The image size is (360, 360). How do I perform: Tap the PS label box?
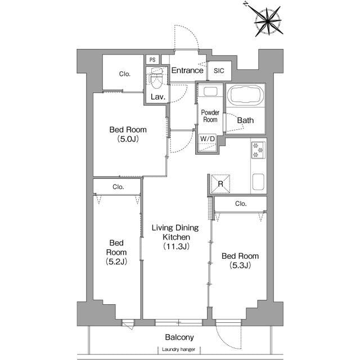tap(152, 60)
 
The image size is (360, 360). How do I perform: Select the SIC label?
tap(219, 71)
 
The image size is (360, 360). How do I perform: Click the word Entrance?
tap(187, 70)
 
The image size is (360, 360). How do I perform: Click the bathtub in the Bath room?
tap(245, 95)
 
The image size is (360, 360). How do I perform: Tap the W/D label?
tap(208, 138)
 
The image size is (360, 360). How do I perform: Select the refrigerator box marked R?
tap(220, 184)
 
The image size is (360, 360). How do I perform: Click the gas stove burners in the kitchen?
tap(258, 150)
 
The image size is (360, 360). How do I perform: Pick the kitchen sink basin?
tap(258, 182)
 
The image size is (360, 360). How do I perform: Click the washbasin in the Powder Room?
tap(210, 92)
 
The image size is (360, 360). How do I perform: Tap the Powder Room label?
tap(210, 116)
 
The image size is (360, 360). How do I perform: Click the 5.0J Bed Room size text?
tap(128, 139)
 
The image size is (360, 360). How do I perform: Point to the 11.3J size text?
tap(176, 246)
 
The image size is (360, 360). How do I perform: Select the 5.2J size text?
tap(116, 262)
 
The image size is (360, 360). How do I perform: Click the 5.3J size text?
tap(240, 265)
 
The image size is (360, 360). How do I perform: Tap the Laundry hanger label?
tap(178, 349)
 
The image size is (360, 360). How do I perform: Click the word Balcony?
tap(179, 337)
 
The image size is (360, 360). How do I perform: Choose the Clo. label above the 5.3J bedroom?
tap(241, 204)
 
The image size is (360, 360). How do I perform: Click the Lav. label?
tap(158, 97)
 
